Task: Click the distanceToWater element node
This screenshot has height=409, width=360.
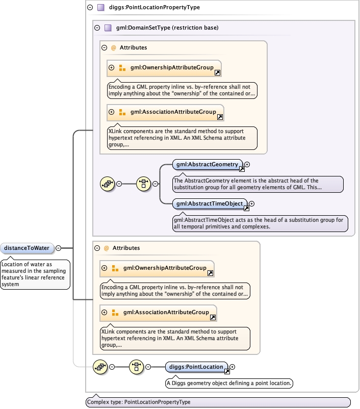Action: click(27, 248)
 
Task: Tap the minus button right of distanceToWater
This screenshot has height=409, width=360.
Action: click(58, 248)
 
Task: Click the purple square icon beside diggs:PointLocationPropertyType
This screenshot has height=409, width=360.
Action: click(101, 8)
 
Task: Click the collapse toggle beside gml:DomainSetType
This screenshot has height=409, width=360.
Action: click(97, 28)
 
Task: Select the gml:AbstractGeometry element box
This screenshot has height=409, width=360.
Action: click(207, 164)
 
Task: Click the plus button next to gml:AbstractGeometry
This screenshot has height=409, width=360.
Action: click(247, 164)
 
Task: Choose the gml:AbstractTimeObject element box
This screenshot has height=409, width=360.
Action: click(210, 204)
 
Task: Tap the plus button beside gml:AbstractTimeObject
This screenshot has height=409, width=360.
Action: click(251, 204)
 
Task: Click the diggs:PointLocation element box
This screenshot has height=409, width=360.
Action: click(197, 367)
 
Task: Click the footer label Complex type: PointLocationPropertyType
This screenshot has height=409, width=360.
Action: click(218, 402)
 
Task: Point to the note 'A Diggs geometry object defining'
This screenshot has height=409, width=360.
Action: click(229, 383)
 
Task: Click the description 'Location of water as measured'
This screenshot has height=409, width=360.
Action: click(35, 274)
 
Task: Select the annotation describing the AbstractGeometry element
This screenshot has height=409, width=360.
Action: click(257, 184)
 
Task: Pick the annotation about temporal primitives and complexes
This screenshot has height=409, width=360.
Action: click(260, 223)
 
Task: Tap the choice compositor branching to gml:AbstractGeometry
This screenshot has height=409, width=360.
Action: click(143, 184)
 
